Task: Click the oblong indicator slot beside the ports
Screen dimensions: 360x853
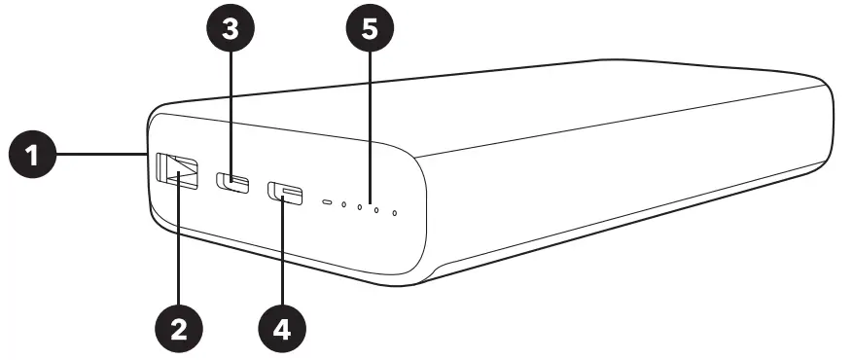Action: (x=328, y=202)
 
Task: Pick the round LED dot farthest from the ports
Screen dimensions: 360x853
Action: (x=394, y=212)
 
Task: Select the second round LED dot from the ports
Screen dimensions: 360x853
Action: (x=360, y=207)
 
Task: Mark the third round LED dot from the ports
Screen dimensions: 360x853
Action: (x=376, y=209)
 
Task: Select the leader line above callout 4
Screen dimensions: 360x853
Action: (x=283, y=253)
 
